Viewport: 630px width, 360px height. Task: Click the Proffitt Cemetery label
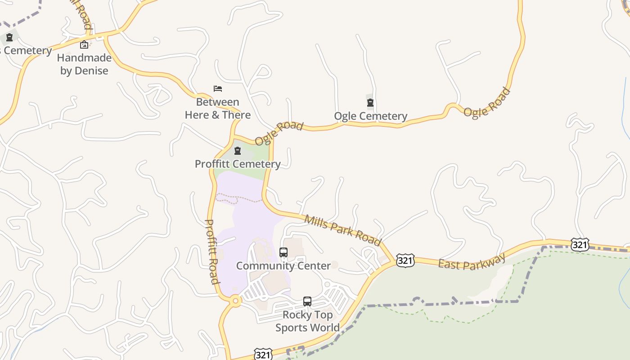(x=238, y=164)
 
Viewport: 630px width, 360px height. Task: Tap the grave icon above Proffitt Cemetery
(x=238, y=151)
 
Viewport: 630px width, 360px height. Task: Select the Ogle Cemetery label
(x=370, y=116)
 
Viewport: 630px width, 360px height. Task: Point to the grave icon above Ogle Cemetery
(x=370, y=103)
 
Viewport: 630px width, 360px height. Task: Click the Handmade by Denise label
(x=84, y=64)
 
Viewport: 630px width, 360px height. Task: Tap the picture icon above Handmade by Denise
(x=84, y=45)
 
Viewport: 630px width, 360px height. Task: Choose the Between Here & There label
(x=218, y=108)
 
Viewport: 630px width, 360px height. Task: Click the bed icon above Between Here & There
(x=218, y=89)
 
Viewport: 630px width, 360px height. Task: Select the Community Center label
(x=283, y=265)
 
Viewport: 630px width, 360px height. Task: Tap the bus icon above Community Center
(x=283, y=252)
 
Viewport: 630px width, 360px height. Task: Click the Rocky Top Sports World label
(x=307, y=321)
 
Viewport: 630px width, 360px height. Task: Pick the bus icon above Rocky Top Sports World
(x=307, y=301)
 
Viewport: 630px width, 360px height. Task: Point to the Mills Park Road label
(x=342, y=230)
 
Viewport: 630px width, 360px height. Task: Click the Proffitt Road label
(x=212, y=252)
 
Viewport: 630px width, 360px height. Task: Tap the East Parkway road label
(x=472, y=261)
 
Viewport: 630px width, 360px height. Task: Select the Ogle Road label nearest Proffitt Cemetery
(x=279, y=133)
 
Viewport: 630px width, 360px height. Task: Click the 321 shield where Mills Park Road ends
(x=405, y=261)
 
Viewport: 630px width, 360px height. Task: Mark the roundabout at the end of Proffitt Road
(x=235, y=301)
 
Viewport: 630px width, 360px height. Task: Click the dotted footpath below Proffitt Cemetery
(x=238, y=198)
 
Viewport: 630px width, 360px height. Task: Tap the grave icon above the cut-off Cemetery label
(x=9, y=37)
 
